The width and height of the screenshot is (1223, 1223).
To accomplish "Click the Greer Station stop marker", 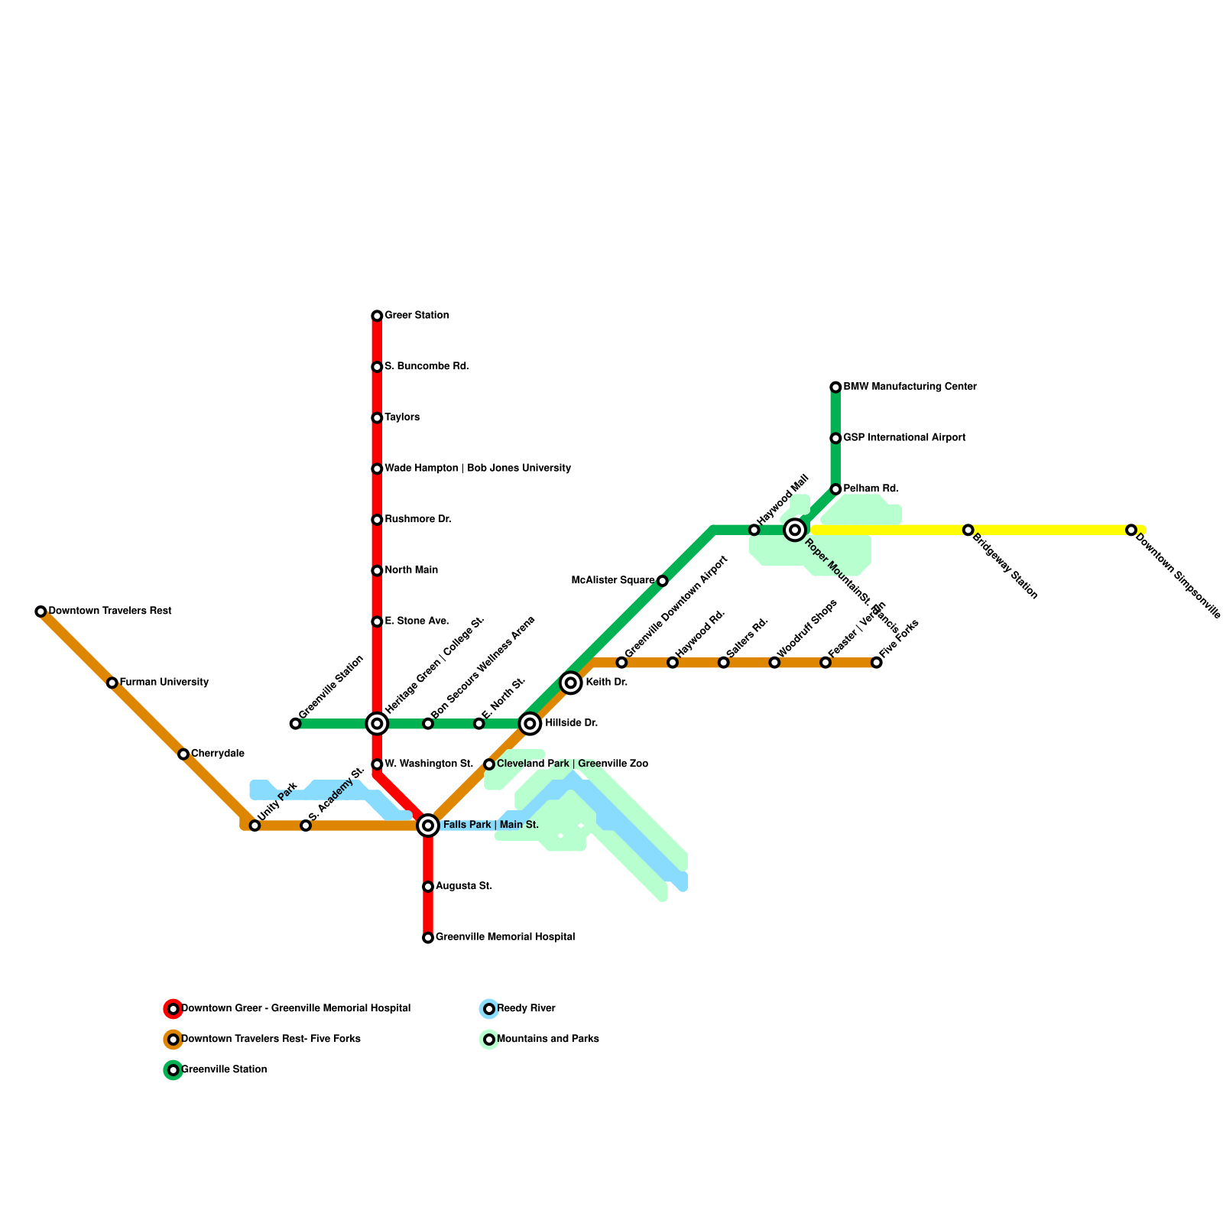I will pos(377,316).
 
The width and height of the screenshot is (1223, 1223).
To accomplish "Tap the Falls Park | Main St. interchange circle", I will pos(428,826).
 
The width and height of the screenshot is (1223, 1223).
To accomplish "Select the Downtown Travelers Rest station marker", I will pos(41,611).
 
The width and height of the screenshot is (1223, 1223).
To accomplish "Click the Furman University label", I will pos(164,683).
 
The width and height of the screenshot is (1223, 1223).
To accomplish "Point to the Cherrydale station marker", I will pos(183,754).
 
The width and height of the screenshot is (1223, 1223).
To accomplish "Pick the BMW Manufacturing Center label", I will pos(910,387).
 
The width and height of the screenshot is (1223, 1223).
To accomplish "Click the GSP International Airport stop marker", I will pos(835,438).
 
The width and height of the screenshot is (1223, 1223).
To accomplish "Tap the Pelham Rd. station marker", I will pos(835,489).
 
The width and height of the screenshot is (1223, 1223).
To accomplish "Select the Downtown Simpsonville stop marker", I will pos(1131,530).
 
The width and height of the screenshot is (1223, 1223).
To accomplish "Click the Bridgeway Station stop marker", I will pos(968,530).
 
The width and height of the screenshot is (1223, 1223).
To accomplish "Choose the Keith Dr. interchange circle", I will pos(571,683).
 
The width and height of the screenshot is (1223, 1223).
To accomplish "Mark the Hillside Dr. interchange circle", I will pos(530,723).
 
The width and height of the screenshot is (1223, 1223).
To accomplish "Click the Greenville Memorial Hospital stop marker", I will pos(428,938).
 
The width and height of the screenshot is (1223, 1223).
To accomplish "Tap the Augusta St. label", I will pos(464,887).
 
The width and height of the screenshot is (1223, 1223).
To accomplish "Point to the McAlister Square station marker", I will pos(662,581).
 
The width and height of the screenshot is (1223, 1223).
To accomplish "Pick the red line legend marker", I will pos(174,1009).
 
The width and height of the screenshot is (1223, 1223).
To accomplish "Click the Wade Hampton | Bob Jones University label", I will pos(478,469).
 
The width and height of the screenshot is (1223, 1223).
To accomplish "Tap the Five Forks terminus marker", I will pos(876,662).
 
